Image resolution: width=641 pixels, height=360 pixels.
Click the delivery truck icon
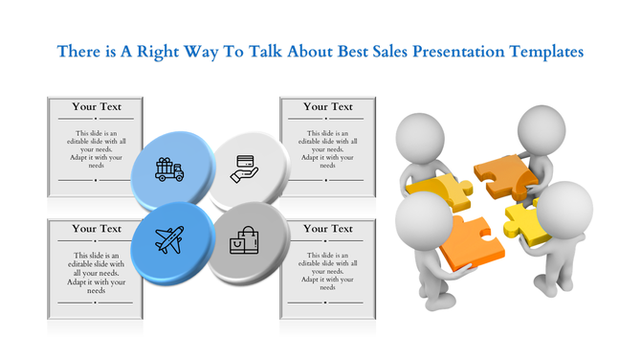coord(169,170)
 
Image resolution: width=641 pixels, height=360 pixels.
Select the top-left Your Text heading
coord(97,106)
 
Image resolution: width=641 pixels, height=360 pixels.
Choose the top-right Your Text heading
coord(328,106)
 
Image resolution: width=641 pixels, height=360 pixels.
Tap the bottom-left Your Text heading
coord(97,229)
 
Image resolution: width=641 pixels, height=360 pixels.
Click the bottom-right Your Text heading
coord(328,229)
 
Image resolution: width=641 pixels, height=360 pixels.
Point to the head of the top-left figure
coord(420,134)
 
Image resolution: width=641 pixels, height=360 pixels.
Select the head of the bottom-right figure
coord(565,206)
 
